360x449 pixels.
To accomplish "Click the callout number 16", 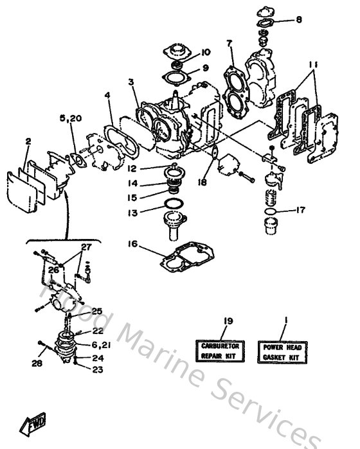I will [x=132, y=245].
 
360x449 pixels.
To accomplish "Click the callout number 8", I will [x=298, y=20].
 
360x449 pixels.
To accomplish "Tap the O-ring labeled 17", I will [x=271, y=211].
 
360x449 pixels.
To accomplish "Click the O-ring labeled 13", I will [x=172, y=204].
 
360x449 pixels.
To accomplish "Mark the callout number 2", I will [x=28, y=141].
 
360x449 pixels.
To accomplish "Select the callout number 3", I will [x=131, y=82].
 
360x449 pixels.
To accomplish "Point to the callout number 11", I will [x=313, y=65].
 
